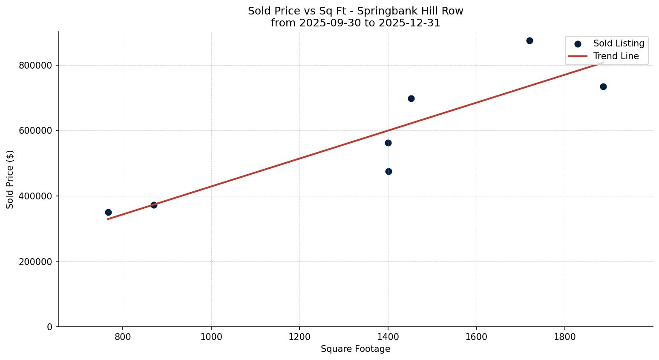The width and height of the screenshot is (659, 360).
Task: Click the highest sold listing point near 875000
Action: (x=530, y=40)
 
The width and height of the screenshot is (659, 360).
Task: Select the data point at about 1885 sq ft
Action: (x=603, y=86)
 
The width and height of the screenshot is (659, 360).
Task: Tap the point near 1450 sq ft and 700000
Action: (x=411, y=98)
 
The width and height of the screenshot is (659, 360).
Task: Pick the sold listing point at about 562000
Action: (x=388, y=143)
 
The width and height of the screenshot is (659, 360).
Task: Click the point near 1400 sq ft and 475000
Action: (x=388, y=171)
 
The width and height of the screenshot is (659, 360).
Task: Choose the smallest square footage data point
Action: (x=108, y=212)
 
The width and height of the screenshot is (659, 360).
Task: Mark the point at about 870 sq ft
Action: (x=154, y=205)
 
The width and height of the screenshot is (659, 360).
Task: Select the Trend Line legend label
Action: (x=616, y=56)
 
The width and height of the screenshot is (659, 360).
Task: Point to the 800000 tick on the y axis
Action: (x=35, y=65)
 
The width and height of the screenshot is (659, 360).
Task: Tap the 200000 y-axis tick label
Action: (x=35, y=262)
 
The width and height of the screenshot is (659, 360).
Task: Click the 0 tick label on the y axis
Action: (x=50, y=327)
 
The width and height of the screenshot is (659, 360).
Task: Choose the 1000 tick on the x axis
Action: (x=211, y=337)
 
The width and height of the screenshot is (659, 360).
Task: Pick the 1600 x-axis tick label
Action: (x=476, y=337)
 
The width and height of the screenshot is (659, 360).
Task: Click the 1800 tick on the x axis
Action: (x=564, y=337)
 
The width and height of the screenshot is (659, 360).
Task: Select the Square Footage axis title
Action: (x=355, y=349)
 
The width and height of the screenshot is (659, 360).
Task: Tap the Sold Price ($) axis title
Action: (x=10, y=179)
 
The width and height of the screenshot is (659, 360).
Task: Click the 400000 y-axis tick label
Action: (x=35, y=196)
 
